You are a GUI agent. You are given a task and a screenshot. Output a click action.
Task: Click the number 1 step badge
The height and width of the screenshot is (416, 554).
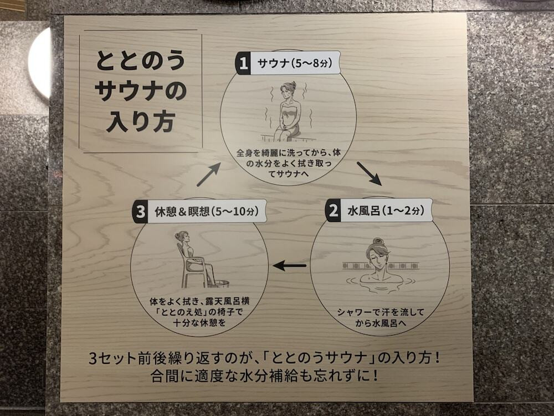(242, 63)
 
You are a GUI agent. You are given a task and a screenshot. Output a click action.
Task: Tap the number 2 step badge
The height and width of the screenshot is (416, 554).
(333, 211)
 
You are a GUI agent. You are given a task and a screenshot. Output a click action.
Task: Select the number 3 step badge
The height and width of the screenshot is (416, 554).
(140, 211)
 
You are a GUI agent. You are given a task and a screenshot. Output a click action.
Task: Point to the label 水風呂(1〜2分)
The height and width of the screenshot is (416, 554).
(385, 211)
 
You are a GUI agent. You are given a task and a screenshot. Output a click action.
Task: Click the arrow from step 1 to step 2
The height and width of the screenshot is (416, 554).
(368, 173)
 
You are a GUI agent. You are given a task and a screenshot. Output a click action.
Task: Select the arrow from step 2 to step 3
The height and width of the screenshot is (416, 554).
(290, 266)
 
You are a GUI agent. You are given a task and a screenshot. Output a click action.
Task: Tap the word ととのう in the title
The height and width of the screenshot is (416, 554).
(140, 60)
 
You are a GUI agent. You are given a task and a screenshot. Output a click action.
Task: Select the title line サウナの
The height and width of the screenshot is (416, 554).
(140, 91)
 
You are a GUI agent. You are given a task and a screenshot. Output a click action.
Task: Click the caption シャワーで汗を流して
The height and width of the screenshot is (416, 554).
(381, 313)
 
